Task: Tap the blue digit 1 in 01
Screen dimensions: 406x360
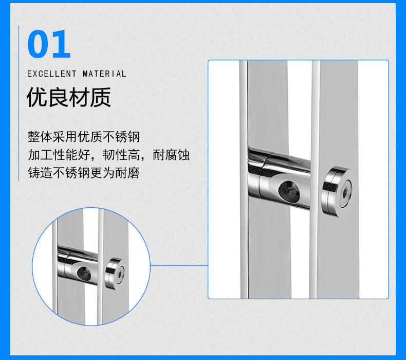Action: click(x=61, y=44)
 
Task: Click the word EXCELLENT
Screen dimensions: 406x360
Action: click(x=52, y=74)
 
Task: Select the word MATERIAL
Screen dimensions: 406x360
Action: click(x=104, y=74)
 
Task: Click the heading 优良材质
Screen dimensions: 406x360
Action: click(x=69, y=97)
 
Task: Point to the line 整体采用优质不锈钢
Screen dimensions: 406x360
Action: click(x=84, y=137)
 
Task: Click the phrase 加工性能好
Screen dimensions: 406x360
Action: click(x=59, y=155)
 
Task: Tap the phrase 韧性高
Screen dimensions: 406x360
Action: click(x=121, y=155)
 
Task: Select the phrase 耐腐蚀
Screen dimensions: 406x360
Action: click(x=171, y=155)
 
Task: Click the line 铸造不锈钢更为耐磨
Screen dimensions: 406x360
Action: click(x=84, y=173)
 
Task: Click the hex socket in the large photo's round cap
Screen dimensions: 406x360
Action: click(x=345, y=193)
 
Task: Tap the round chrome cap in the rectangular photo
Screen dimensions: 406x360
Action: click(x=337, y=192)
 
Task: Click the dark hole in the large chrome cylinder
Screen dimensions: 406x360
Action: click(x=289, y=191)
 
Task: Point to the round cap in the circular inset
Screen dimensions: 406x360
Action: click(x=115, y=274)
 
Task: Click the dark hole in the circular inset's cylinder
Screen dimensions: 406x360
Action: click(x=84, y=274)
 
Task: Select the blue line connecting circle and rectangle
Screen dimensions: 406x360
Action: click(x=179, y=265)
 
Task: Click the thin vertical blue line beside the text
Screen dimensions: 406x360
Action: click(x=19, y=103)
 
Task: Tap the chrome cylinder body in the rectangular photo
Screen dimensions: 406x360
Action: click(x=279, y=179)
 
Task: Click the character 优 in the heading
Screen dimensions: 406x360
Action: click(x=37, y=97)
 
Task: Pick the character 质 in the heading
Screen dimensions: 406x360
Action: click(x=101, y=97)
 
